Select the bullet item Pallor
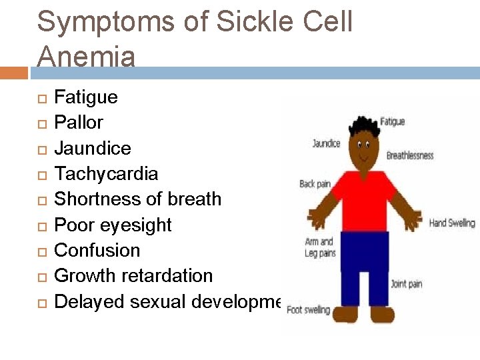point(79,123)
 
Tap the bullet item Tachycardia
point(106,174)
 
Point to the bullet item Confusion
point(97,251)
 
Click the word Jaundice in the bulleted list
point(92,148)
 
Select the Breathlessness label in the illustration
point(410,155)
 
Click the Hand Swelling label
point(452,223)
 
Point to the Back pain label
point(316,183)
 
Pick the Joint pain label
point(406,284)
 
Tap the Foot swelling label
point(308,310)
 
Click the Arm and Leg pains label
point(319,247)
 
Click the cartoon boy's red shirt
point(363,199)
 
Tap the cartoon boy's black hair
point(363,126)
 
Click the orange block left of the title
point(14,72)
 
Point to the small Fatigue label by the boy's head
point(392,122)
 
